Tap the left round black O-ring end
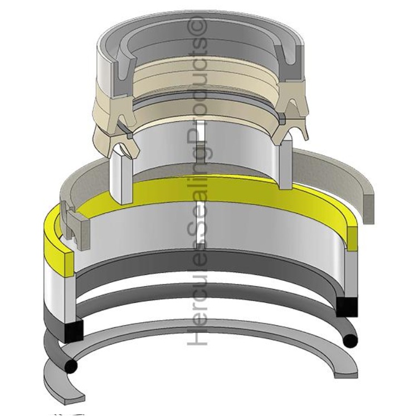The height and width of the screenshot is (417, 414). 71,366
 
